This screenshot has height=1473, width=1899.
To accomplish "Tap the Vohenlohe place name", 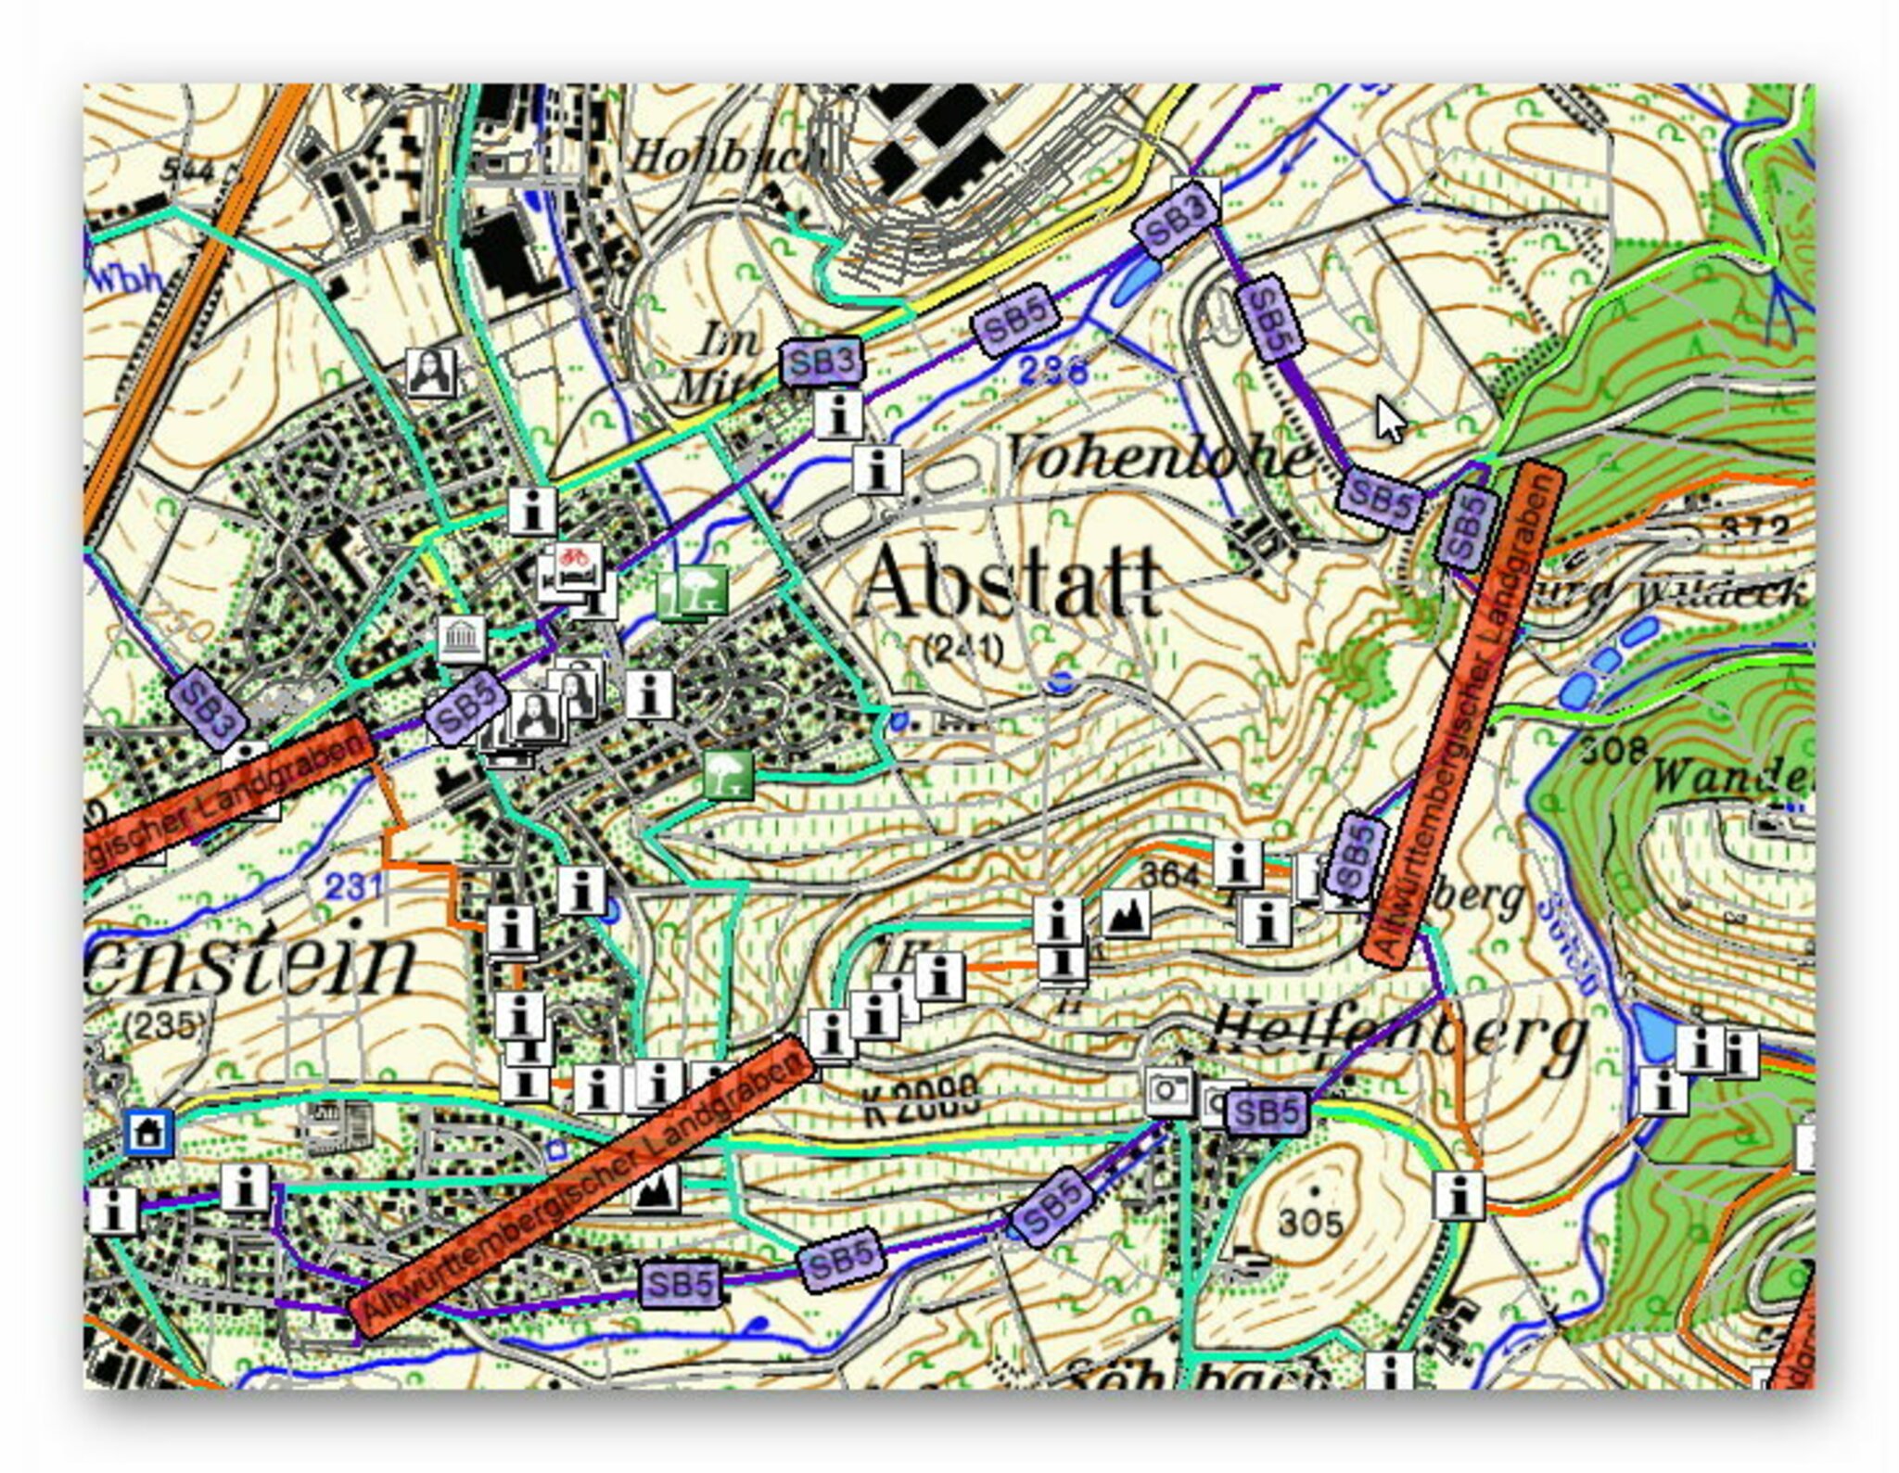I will (x=1159, y=457).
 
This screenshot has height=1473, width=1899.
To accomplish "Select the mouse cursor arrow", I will (x=1388, y=420).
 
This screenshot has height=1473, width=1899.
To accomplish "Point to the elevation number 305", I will (x=1309, y=1224).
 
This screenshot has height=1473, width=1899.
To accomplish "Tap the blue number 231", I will (x=354, y=887).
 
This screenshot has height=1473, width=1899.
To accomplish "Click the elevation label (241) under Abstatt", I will (x=963, y=649).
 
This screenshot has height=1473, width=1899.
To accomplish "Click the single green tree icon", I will (x=728, y=775).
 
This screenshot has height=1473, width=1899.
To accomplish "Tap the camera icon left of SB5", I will (x=1167, y=1092).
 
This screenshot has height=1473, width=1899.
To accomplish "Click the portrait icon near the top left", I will (x=432, y=373).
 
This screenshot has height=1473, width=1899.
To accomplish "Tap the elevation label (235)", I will (x=164, y=1024).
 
